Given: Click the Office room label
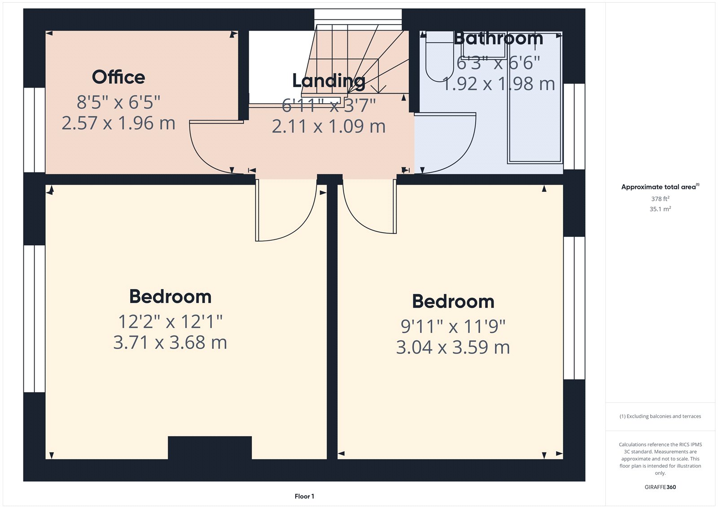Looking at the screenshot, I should [x=118, y=77].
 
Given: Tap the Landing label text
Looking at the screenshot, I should [x=328, y=81].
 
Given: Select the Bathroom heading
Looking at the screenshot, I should [x=499, y=39].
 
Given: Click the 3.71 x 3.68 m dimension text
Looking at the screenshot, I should [x=170, y=343].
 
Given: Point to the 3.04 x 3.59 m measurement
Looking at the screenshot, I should [x=453, y=348].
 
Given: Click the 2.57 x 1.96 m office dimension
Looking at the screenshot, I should [x=118, y=124].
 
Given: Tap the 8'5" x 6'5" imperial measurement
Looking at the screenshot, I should [x=118, y=102].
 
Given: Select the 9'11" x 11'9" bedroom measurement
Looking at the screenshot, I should [x=453, y=327].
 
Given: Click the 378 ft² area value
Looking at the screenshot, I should [x=660, y=199].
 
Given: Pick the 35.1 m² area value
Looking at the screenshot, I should [x=660, y=209].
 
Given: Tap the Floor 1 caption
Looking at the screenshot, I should [x=304, y=496].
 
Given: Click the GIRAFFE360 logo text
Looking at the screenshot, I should [x=660, y=487].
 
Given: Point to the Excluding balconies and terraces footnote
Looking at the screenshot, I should [x=660, y=416].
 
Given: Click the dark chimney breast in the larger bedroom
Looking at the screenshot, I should [x=210, y=447].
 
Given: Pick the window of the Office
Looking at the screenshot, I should [x=34, y=130].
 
